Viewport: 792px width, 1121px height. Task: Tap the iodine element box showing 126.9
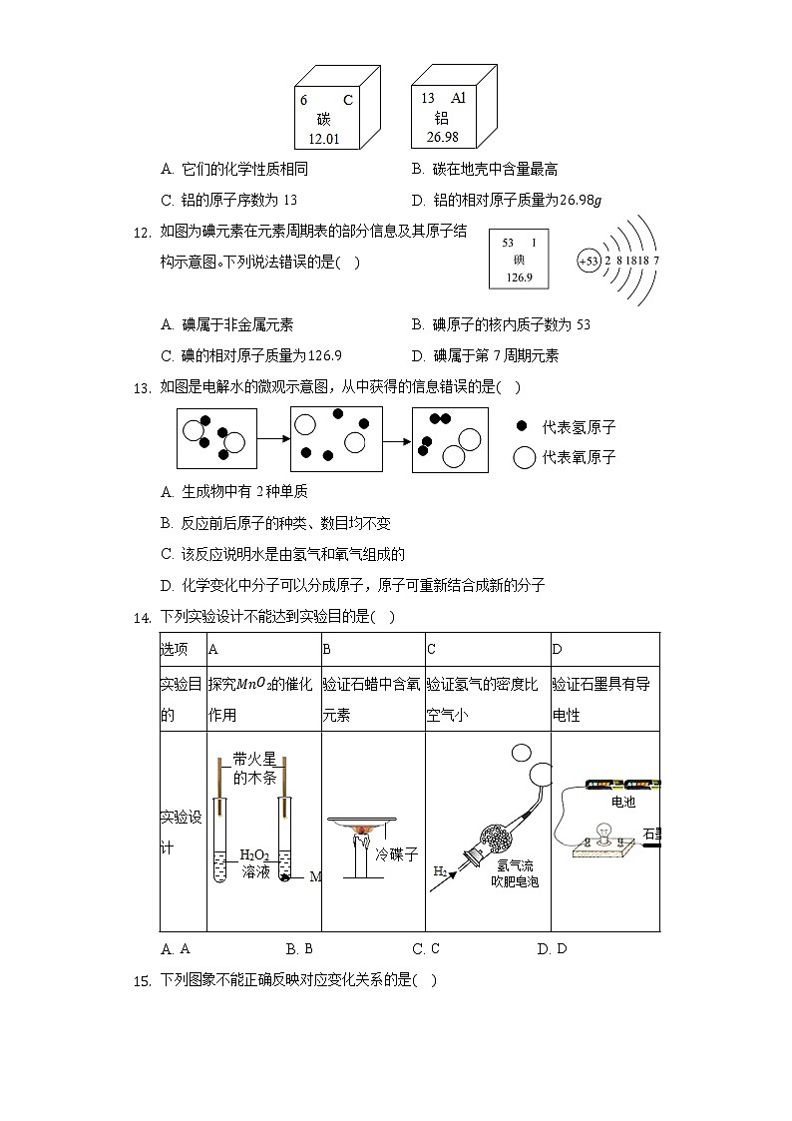pyautogui.click(x=519, y=259)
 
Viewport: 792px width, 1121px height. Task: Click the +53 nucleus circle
pyautogui.click(x=589, y=261)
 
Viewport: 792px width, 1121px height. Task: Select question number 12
pyautogui.click(x=141, y=233)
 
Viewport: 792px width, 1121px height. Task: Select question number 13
pyautogui.click(x=141, y=387)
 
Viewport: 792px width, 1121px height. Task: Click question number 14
pyautogui.click(x=141, y=617)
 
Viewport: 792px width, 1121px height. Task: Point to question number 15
pyautogui.click(x=141, y=980)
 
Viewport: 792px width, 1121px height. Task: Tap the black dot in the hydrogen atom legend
pyautogui.click(x=522, y=426)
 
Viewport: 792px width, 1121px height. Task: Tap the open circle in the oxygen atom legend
pyautogui.click(x=525, y=457)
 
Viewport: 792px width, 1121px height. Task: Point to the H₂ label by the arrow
pyautogui.click(x=440, y=871)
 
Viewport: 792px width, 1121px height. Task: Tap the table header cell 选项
pyautogui.click(x=175, y=649)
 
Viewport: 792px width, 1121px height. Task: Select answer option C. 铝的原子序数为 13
pyautogui.click(x=228, y=199)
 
